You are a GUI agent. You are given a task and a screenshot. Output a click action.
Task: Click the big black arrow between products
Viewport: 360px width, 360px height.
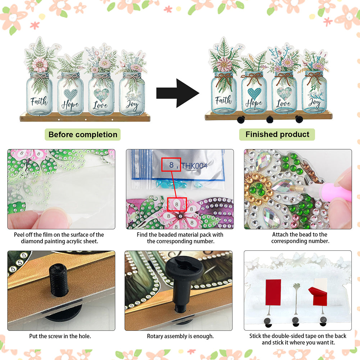[177, 93]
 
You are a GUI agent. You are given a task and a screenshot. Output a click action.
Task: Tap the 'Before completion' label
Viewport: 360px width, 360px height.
[83, 135]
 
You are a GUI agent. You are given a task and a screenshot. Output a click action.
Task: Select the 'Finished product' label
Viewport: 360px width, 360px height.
[277, 134]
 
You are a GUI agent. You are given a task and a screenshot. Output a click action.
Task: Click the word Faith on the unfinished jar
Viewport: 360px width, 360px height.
[39, 101]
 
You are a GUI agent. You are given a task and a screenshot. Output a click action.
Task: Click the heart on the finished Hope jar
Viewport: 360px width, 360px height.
[254, 93]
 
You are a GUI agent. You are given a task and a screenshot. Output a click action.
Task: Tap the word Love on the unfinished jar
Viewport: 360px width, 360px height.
[101, 105]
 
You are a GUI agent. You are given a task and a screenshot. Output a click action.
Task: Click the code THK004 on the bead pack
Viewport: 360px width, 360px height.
[195, 165]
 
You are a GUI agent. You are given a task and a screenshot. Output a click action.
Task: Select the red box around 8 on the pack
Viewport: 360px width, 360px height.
[171, 164]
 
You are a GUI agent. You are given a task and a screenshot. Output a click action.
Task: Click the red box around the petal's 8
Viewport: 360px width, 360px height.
[177, 204]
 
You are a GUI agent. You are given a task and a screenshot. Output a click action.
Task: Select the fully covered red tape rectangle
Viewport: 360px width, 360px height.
[273, 292]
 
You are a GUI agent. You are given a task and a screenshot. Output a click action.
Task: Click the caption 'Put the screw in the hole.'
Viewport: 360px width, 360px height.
[60, 336]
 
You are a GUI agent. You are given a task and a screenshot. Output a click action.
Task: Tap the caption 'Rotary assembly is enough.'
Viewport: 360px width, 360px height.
[180, 336]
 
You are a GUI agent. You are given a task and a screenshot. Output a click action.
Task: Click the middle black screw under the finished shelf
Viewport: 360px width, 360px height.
[270, 119]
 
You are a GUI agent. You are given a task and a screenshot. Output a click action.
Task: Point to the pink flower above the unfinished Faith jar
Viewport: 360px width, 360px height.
[40, 64]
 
